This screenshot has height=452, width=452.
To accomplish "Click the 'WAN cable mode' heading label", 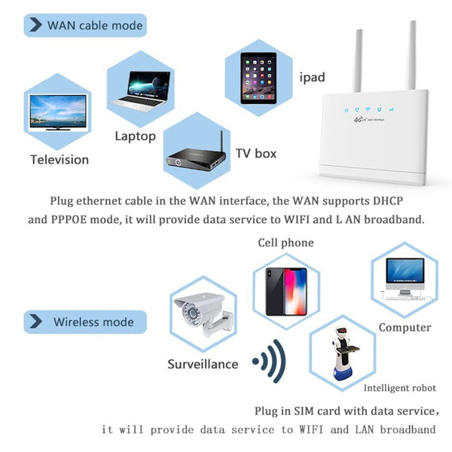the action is tap(95, 26).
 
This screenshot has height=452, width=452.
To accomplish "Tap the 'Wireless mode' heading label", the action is tap(93, 322).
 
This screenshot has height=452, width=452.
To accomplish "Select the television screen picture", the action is tap(58, 113).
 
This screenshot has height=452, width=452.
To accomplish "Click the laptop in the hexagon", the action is tap(140, 91).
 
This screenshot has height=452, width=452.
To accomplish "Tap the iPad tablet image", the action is tap(258, 78).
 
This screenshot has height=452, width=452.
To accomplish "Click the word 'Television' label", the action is tap(60, 160).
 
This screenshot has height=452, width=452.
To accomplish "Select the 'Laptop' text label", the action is tap(135, 136).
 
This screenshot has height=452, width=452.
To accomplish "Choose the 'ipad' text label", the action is tap(312, 78).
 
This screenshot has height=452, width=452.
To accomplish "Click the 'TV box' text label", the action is tap(256, 154).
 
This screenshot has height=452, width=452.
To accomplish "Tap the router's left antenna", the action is tap(358, 60).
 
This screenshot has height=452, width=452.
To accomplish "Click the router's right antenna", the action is tap(411, 55).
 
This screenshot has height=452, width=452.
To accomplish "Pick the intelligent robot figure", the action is tap(344, 354).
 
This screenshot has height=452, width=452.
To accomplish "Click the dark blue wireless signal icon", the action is tap(269, 361).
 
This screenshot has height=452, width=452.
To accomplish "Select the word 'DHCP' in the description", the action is tap(388, 200).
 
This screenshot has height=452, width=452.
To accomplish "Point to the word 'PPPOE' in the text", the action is tap(69, 220).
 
